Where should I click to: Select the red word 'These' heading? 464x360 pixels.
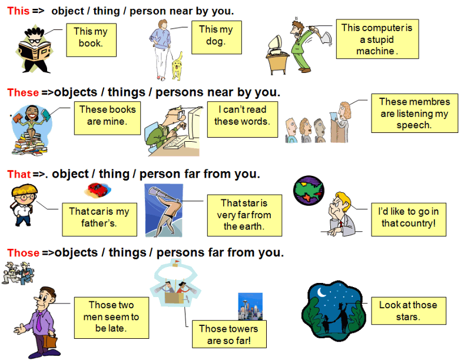[22, 92]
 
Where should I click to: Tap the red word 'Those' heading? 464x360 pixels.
[23, 253]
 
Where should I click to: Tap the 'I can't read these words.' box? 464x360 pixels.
[242, 115]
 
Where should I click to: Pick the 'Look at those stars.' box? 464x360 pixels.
[407, 311]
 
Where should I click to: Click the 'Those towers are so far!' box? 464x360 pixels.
[228, 334]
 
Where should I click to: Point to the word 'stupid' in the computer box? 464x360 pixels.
[377, 39]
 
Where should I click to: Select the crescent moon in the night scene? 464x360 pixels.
[322, 292]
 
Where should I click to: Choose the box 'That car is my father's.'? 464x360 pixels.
[99, 217]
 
